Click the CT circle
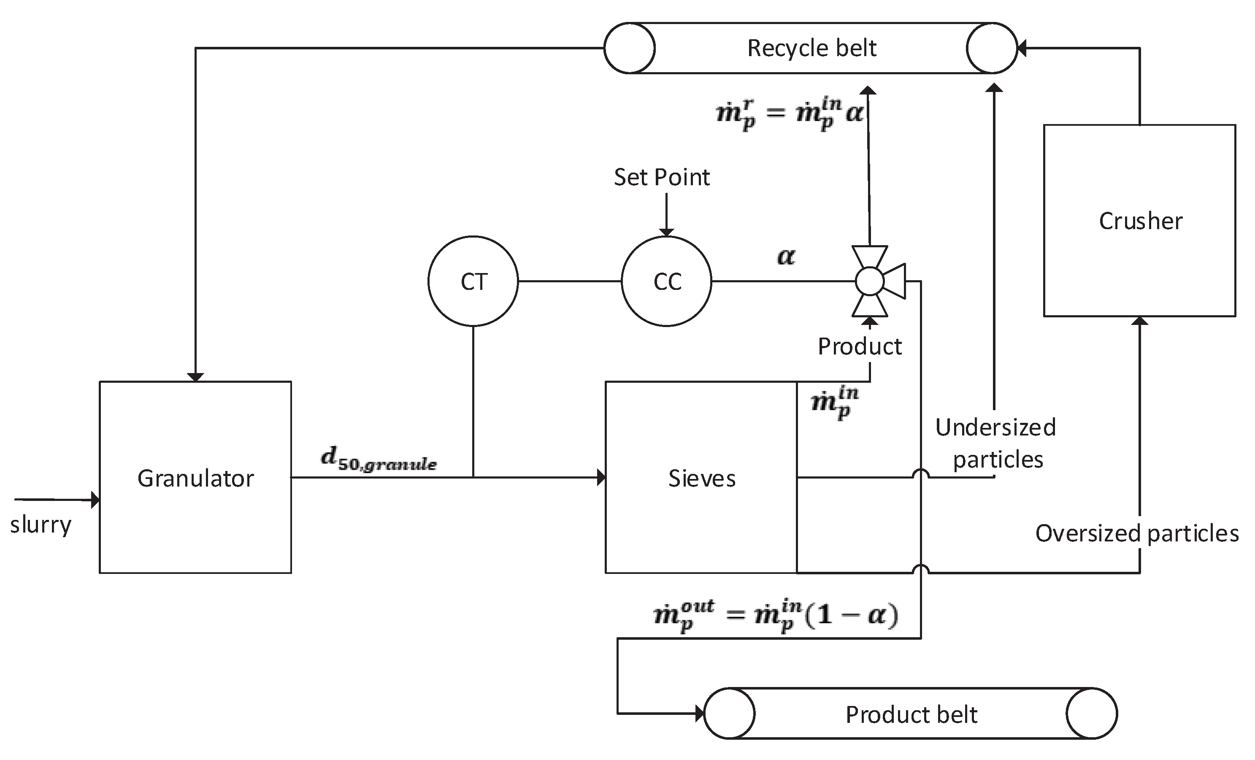pyautogui.click(x=473, y=281)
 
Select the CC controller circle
pyautogui.click(x=666, y=281)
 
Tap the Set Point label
pyautogui.click(x=662, y=177)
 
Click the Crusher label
pyautogui.click(x=1140, y=221)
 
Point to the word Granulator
pyautogui.click(x=195, y=478)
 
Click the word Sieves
pyautogui.click(x=701, y=478)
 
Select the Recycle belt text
pyautogui.click(x=811, y=49)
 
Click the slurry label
pyautogui.click(x=41, y=525)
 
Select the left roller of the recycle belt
pyautogui.click(x=630, y=49)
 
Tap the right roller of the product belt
pyautogui.click(x=1092, y=713)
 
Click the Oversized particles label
pyautogui.click(x=1137, y=534)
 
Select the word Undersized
pyautogui.click(x=995, y=427)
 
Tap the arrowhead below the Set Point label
pyautogui.click(x=666, y=232)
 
